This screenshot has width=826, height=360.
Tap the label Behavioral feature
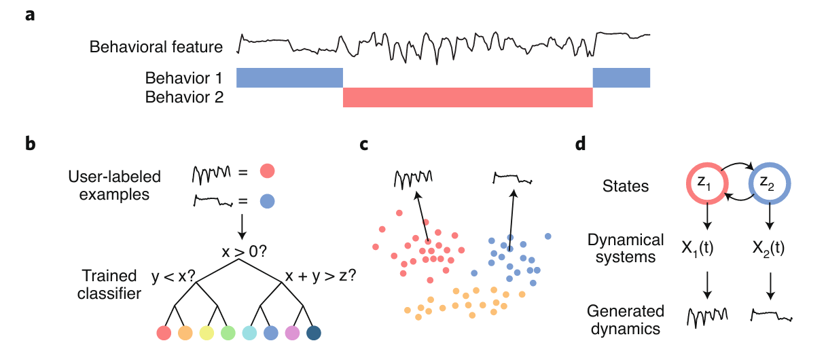pos(156,47)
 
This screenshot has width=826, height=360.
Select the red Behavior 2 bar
pos(467,98)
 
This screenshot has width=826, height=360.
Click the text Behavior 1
pos(184,77)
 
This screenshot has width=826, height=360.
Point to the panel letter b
pos(31,144)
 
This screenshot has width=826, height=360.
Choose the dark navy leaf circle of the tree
pos(313,333)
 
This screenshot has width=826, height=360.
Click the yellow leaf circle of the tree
pos(206,333)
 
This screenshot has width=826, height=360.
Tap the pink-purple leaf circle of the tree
pos(292,333)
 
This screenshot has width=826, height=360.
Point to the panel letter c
pos(365,144)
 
